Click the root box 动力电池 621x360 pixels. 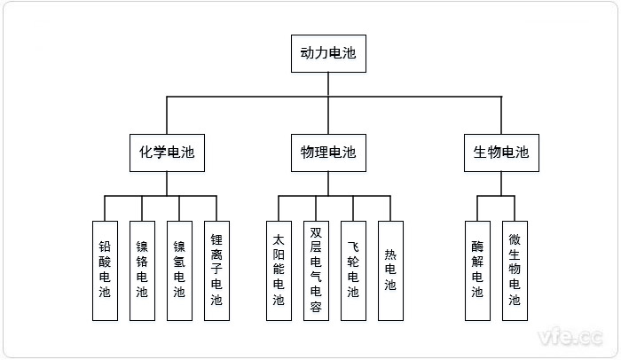324,53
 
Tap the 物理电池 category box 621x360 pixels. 324,153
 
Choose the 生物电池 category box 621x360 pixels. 496,153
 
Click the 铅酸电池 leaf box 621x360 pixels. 105,270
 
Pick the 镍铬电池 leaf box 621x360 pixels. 142,270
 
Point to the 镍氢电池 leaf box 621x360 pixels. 179,270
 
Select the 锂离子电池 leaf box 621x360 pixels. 216,270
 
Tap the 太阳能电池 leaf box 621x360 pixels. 279,270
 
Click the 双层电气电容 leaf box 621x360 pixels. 316,270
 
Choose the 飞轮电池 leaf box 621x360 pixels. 353,270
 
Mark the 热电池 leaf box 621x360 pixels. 390,270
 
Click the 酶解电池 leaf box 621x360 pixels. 477,270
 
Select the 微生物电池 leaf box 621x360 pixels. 515,270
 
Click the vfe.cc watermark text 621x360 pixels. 571,337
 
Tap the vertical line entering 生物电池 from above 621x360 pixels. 501,115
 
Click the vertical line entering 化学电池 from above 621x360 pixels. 167,115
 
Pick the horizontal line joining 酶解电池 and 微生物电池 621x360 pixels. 496,196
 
